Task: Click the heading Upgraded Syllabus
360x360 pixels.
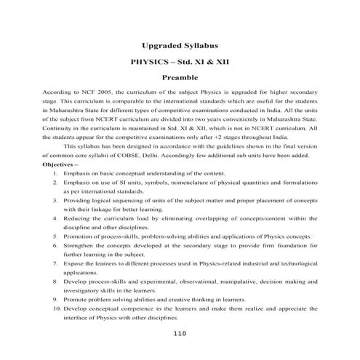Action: click(180, 45)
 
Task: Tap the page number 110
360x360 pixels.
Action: click(181, 334)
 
